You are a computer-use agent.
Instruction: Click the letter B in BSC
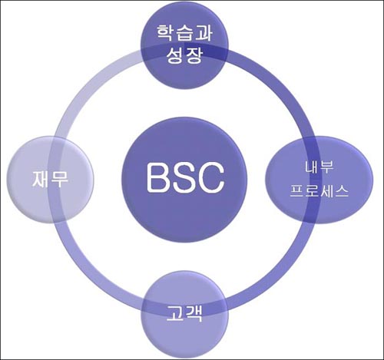(x=158, y=178)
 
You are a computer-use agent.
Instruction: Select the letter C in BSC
(x=210, y=178)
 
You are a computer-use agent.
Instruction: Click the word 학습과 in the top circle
(x=184, y=33)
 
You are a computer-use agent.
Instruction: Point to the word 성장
(x=184, y=54)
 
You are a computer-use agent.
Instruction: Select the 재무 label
(x=50, y=179)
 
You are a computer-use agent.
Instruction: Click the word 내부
(x=319, y=167)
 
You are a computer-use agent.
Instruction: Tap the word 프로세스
(x=319, y=190)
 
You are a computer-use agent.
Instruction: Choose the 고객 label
(x=184, y=314)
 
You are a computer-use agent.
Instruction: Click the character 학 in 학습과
(x=165, y=33)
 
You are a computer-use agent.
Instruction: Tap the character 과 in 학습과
(x=204, y=33)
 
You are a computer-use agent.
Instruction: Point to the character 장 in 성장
(x=194, y=55)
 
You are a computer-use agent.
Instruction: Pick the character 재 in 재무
(x=41, y=179)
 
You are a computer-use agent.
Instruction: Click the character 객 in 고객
(x=194, y=314)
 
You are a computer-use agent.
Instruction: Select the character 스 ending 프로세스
(x=341, y=191)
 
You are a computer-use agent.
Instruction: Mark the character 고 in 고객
(x=174, y=313)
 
